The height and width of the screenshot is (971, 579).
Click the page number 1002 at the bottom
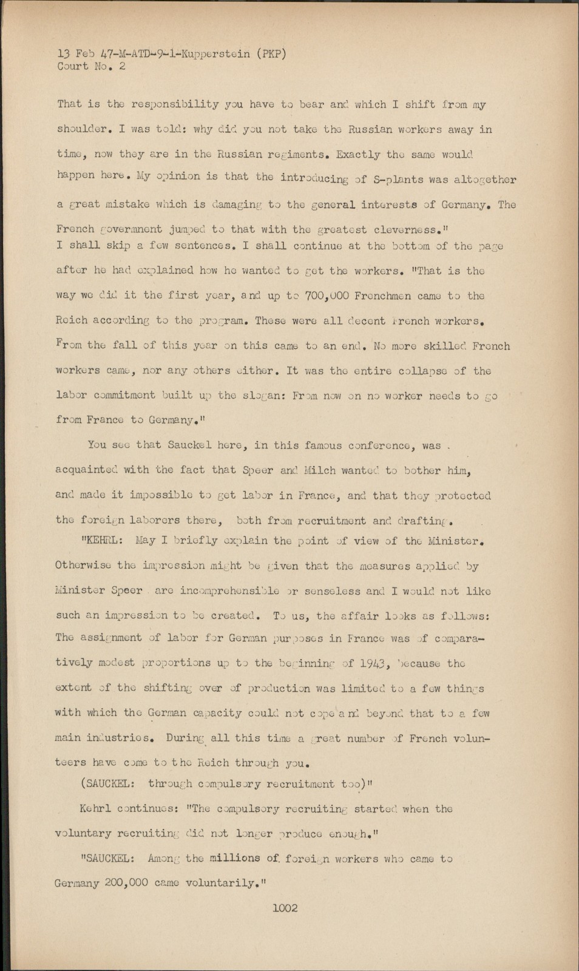click(285, 908)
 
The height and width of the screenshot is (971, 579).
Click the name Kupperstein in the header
click(217, 53)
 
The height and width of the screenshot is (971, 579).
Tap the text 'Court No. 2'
click(92, 66)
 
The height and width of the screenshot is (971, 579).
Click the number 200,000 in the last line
click(126, 882)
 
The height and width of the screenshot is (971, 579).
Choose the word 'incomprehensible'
click(224, 590)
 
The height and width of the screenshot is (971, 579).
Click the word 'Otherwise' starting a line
click(84, 566)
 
